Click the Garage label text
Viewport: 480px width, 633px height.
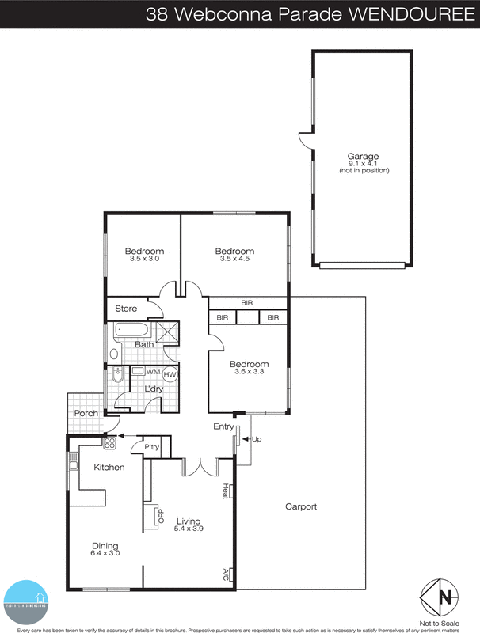tap(364, 156)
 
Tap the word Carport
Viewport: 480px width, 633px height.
tap(301, 507)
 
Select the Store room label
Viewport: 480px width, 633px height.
tap(127, 309)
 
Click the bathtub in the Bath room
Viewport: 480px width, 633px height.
tap(133, 330)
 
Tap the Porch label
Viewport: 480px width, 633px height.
tap(86, 413)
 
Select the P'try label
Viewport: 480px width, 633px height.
tap(152, 447)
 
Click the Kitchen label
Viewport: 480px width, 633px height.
tap(109, 467)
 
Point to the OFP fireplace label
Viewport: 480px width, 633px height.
tap(161, 516)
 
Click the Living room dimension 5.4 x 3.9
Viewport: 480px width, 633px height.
tap(189, 529)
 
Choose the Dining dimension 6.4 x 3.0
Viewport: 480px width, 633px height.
tap(104, 553)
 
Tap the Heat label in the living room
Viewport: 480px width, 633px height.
tap(226, 491)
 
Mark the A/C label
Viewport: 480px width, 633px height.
tap(226, 573)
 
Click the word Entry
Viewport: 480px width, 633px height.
tap(223, 427)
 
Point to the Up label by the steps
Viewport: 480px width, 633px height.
tap(256, 438)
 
